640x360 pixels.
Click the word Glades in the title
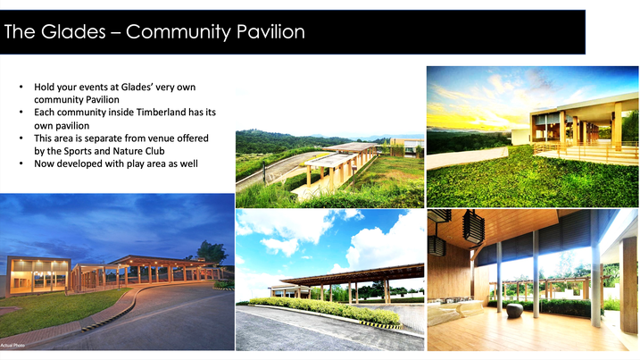tap(73, 31)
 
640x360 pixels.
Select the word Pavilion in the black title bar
tap(270, 31)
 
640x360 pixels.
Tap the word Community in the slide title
tap(179, 32)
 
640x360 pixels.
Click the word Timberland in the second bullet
tap(162, 112)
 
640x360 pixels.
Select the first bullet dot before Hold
tap(21, 87)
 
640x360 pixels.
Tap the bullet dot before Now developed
tap(21, 163)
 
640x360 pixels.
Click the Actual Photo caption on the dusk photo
tap(12, 346)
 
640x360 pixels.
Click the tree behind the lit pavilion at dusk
tap(212, 252)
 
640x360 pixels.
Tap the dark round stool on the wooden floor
tap(514, 311)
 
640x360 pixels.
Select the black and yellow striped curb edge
tap(379, 325)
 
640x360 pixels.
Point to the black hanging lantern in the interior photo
tap(473, 227)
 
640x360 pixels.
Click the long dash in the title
tap(115, 33)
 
